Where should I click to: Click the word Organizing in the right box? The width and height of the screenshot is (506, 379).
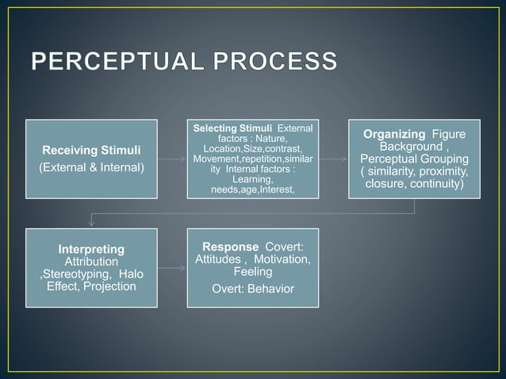[394, 134]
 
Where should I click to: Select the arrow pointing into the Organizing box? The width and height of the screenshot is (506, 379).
[333, 159]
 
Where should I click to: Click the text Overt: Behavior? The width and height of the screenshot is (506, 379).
[252, 289]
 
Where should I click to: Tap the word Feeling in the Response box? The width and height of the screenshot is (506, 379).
[252, 272]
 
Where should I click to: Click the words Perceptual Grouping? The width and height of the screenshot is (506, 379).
[413, 159]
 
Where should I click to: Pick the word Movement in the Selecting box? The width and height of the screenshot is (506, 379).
[217, 159]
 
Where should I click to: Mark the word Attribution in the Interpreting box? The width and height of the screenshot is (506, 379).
[91, 262]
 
